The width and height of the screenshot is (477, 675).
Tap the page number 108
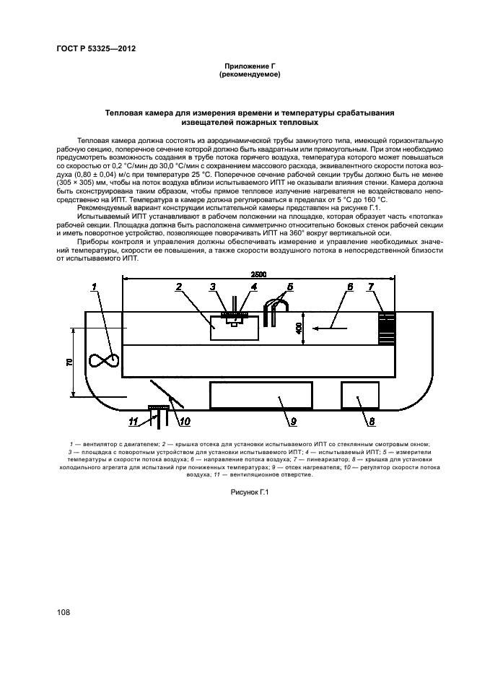point(63,613)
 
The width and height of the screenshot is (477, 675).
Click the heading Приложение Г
point(249,66)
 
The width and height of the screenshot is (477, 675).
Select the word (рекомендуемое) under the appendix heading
point(249,74)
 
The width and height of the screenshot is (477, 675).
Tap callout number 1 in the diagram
point(95,288)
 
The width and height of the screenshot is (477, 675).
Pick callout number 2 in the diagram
point(178,287)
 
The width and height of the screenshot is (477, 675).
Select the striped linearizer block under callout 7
point(388,328)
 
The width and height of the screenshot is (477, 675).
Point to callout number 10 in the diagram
point(183,421)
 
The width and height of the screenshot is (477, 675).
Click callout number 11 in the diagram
point(133,421)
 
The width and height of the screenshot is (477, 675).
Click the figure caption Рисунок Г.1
point(248,491)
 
